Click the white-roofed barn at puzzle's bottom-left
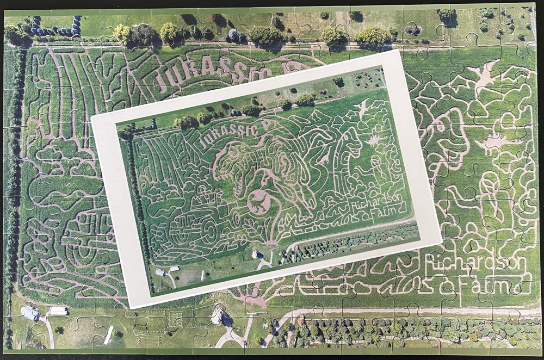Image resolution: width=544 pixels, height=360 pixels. [30, 312]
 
